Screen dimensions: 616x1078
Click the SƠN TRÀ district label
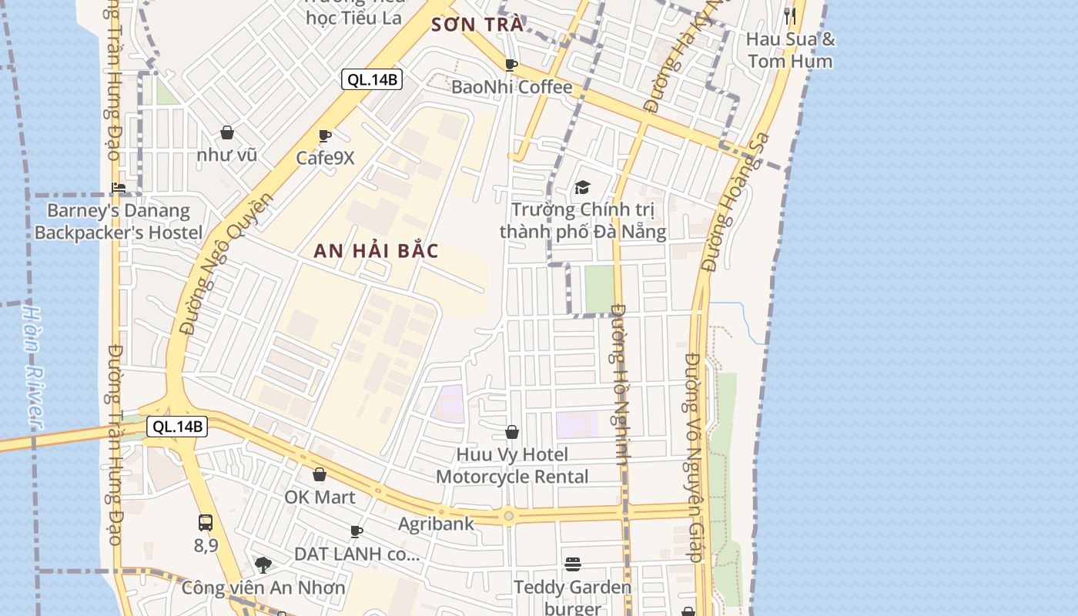point(477,25)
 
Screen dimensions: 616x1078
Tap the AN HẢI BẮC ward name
point(376,251)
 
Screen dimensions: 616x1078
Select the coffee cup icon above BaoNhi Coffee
point(511,65)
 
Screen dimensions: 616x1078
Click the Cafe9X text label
point(326,158)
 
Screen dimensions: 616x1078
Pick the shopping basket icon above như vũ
point(227,133)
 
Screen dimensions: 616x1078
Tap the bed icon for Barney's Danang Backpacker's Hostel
point(119,187)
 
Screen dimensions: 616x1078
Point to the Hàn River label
point(33,367)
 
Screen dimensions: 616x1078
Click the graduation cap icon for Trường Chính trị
point(582,187)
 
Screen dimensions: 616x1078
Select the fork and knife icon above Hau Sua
point(790,16)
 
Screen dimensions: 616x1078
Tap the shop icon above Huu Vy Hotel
point(512,433)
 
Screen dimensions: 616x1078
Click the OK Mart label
point(320,497)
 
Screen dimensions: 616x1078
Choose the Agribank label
point(436,524)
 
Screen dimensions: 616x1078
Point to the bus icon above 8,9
point(206,523)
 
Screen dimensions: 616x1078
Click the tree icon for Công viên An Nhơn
point(263,565)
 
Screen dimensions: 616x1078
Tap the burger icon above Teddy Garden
point(572,564)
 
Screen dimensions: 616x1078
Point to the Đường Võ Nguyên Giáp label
point(694,457)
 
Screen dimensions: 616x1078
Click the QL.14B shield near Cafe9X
point(372,79)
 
